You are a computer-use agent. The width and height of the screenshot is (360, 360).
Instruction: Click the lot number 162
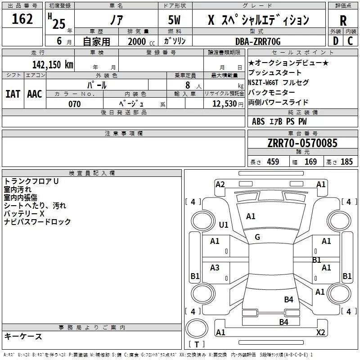coord(22,19)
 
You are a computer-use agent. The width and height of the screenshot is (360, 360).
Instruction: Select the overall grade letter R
coord(343,21)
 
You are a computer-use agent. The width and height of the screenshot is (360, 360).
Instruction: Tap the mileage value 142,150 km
coord(53,65)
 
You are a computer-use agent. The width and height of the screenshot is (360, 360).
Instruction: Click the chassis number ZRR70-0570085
coord(302,143)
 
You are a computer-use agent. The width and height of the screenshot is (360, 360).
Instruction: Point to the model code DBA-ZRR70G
coord(258,41)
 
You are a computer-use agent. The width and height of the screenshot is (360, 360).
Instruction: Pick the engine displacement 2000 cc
coord(141,41)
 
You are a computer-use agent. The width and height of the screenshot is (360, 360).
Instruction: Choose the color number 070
coord(75,104)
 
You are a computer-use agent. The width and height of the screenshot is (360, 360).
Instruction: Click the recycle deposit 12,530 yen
coord(228,104)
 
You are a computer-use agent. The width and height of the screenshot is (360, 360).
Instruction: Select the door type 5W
coord(174,20)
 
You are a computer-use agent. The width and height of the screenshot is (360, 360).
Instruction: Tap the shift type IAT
coord(13,94)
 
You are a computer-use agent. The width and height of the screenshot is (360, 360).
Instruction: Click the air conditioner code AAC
coord(35,94)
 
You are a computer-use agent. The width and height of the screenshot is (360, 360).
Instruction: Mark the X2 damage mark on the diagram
coord(320,332)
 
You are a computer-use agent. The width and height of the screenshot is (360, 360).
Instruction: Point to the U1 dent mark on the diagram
coord(223,225)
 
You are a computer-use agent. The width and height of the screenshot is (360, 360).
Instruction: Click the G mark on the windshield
coord(257,237)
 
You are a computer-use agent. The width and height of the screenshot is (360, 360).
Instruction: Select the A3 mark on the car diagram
coord(215,267)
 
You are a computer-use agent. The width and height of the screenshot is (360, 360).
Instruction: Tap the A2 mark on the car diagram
coord(220,184)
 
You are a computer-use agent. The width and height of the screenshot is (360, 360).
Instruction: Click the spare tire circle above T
coord(197,328)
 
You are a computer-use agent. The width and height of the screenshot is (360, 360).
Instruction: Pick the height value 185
coord(346,162)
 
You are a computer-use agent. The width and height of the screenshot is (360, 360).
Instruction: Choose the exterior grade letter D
coord(336,41)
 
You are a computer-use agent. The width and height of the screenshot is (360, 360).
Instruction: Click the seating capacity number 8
coord(188,85)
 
